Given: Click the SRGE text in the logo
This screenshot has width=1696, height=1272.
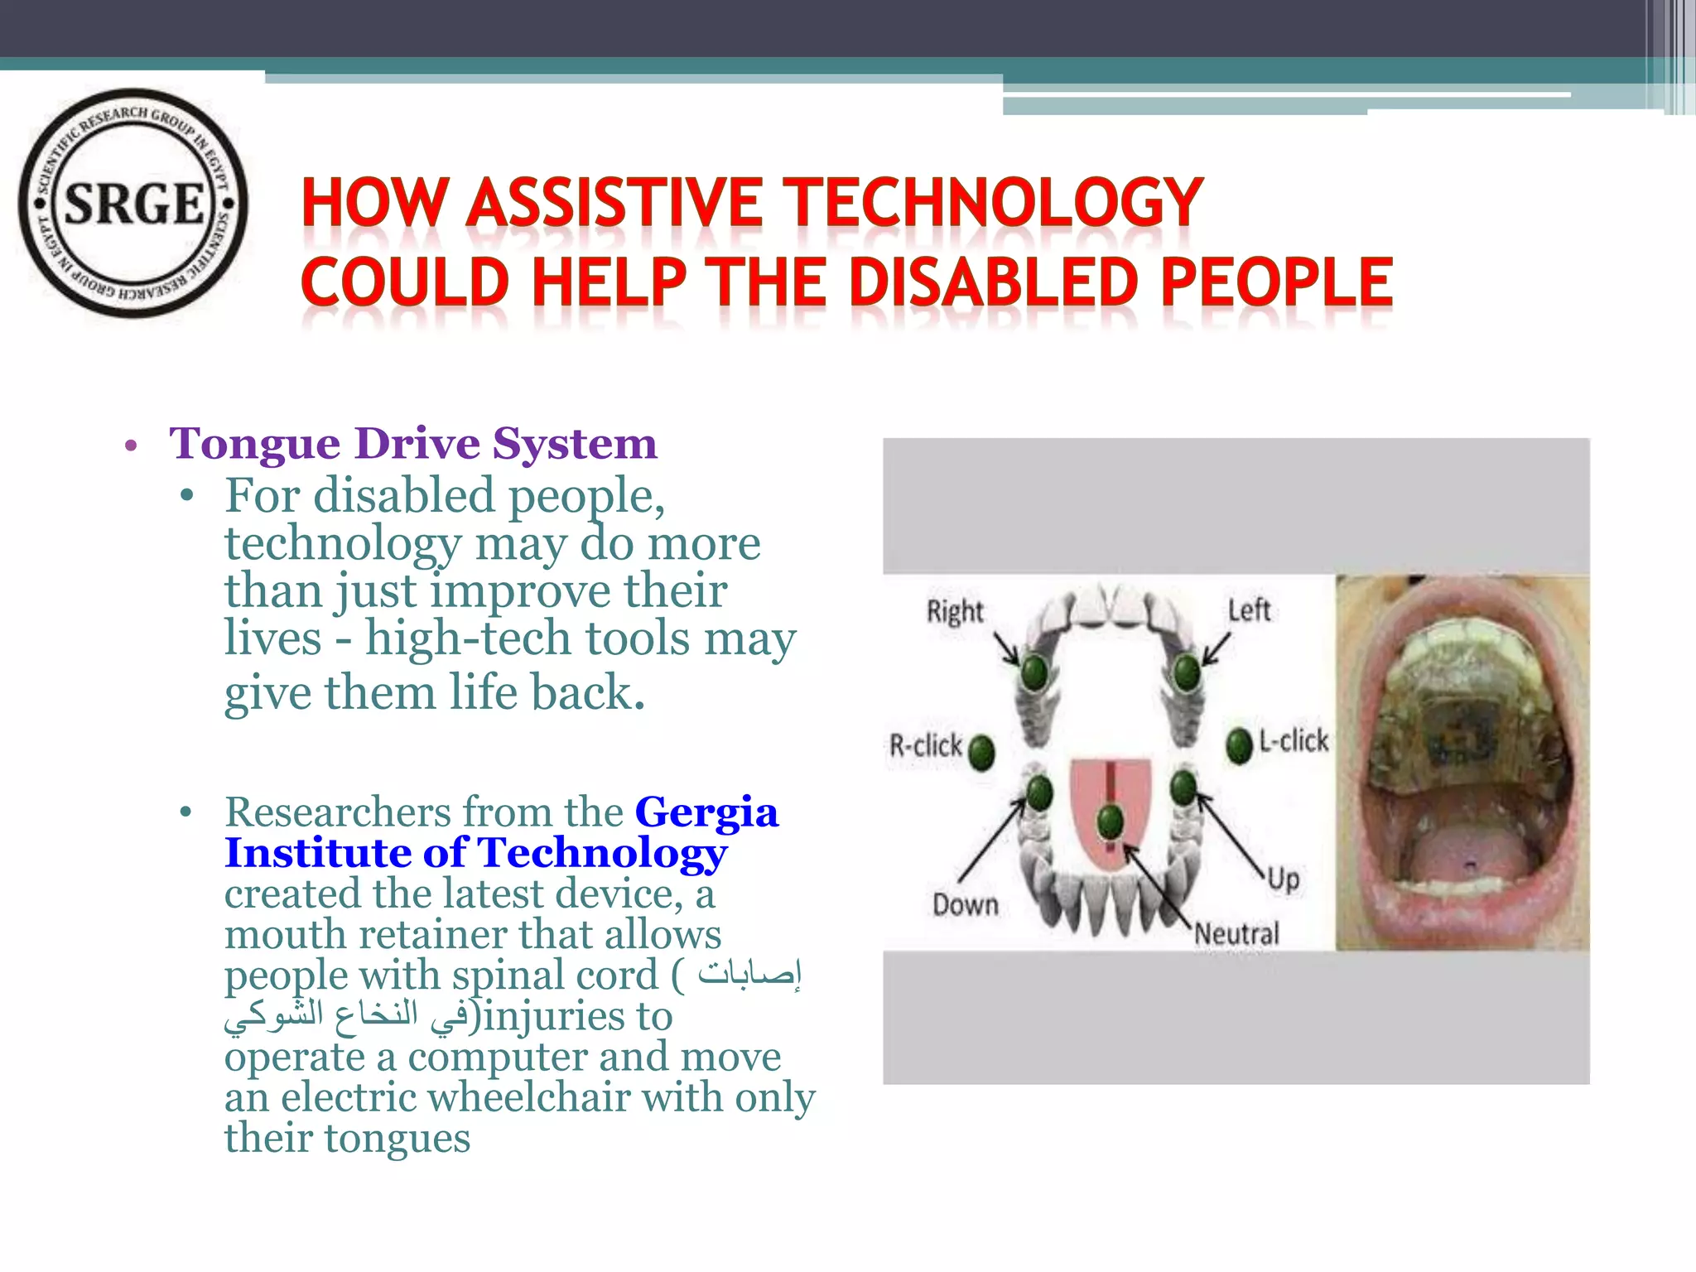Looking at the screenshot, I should [x=133, y=204].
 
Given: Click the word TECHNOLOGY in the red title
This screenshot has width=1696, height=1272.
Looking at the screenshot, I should [x=993, y=203].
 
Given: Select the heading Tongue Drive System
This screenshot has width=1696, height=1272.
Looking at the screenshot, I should [x=412, y=444].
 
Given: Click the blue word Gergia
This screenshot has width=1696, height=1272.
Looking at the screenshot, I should [x=706, y=812].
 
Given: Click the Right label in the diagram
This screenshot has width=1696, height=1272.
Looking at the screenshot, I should [x=954, y=612].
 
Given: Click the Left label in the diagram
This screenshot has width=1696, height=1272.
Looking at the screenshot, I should [x=1249, y=610].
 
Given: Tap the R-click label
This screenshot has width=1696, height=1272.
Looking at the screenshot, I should [x=925, y=745].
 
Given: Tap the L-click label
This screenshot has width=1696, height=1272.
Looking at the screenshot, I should [x=1294, y=740].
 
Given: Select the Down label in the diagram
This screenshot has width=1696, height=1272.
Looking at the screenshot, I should [x=965, y=904].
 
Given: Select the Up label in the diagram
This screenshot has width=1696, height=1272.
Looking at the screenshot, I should [x=1283, y=878].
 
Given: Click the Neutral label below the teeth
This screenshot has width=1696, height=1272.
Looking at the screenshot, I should [x=1236, y=934].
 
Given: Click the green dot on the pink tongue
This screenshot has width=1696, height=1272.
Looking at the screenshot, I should [x=1110, y=821].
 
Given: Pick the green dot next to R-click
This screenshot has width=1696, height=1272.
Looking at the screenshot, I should [x=981, y=752].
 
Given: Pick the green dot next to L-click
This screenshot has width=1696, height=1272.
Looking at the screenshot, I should [x=1239, y=744].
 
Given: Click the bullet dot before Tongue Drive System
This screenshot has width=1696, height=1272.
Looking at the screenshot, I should [x=130, y=446].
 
